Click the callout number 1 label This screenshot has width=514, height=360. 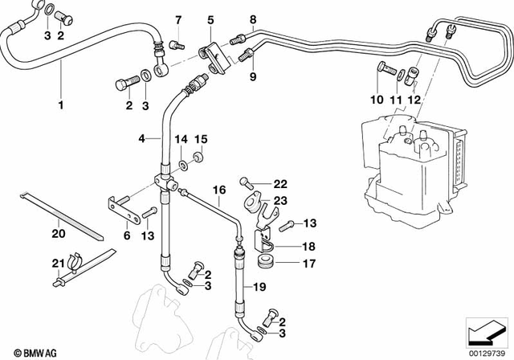(x=59, y=104)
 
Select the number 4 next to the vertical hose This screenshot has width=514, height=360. (x=141, y=139)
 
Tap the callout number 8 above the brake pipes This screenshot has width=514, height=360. (x=252, y=19)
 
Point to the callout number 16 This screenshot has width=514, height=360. (x=216, y=190)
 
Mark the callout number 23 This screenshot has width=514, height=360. (x=279, y=202)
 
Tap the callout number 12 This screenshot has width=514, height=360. (x=415, y=100)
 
